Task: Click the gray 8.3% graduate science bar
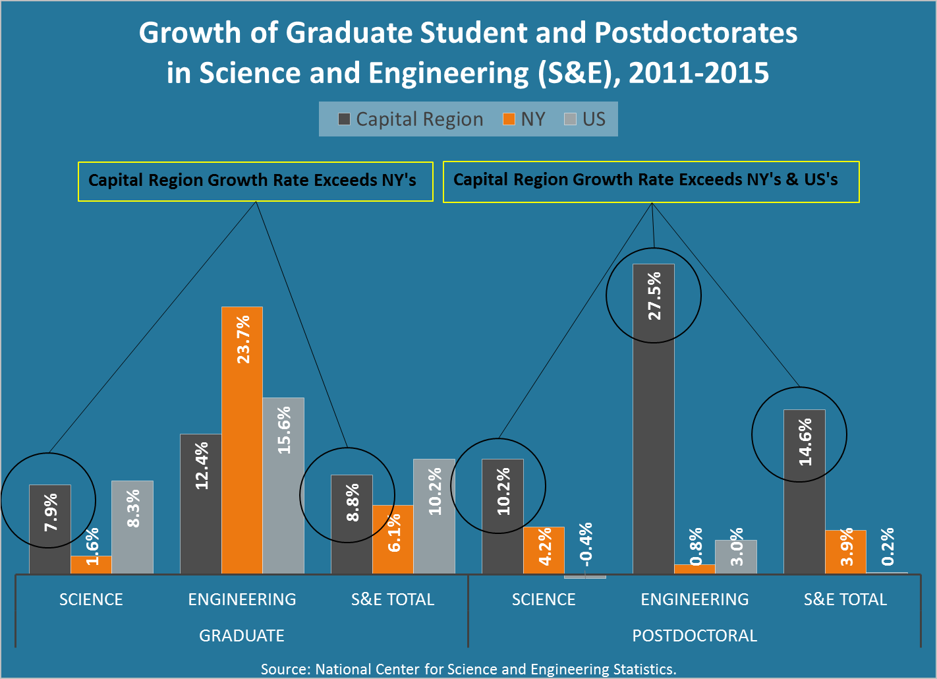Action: [132, 527]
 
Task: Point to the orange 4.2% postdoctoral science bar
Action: [544, 550]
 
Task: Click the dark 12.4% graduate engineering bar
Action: [200, 504]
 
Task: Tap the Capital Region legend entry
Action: [411, 119]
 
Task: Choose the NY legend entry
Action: [525, 119]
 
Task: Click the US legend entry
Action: [585, 119]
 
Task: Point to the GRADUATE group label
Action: [242, 635]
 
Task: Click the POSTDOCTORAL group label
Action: [695, 635]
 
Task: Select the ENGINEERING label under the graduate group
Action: [242, 599]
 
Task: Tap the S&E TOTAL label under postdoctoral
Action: [845, 599]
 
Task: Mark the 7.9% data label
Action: [51, 512]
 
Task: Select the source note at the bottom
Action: [468, 669]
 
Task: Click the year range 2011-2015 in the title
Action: [699, 73]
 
